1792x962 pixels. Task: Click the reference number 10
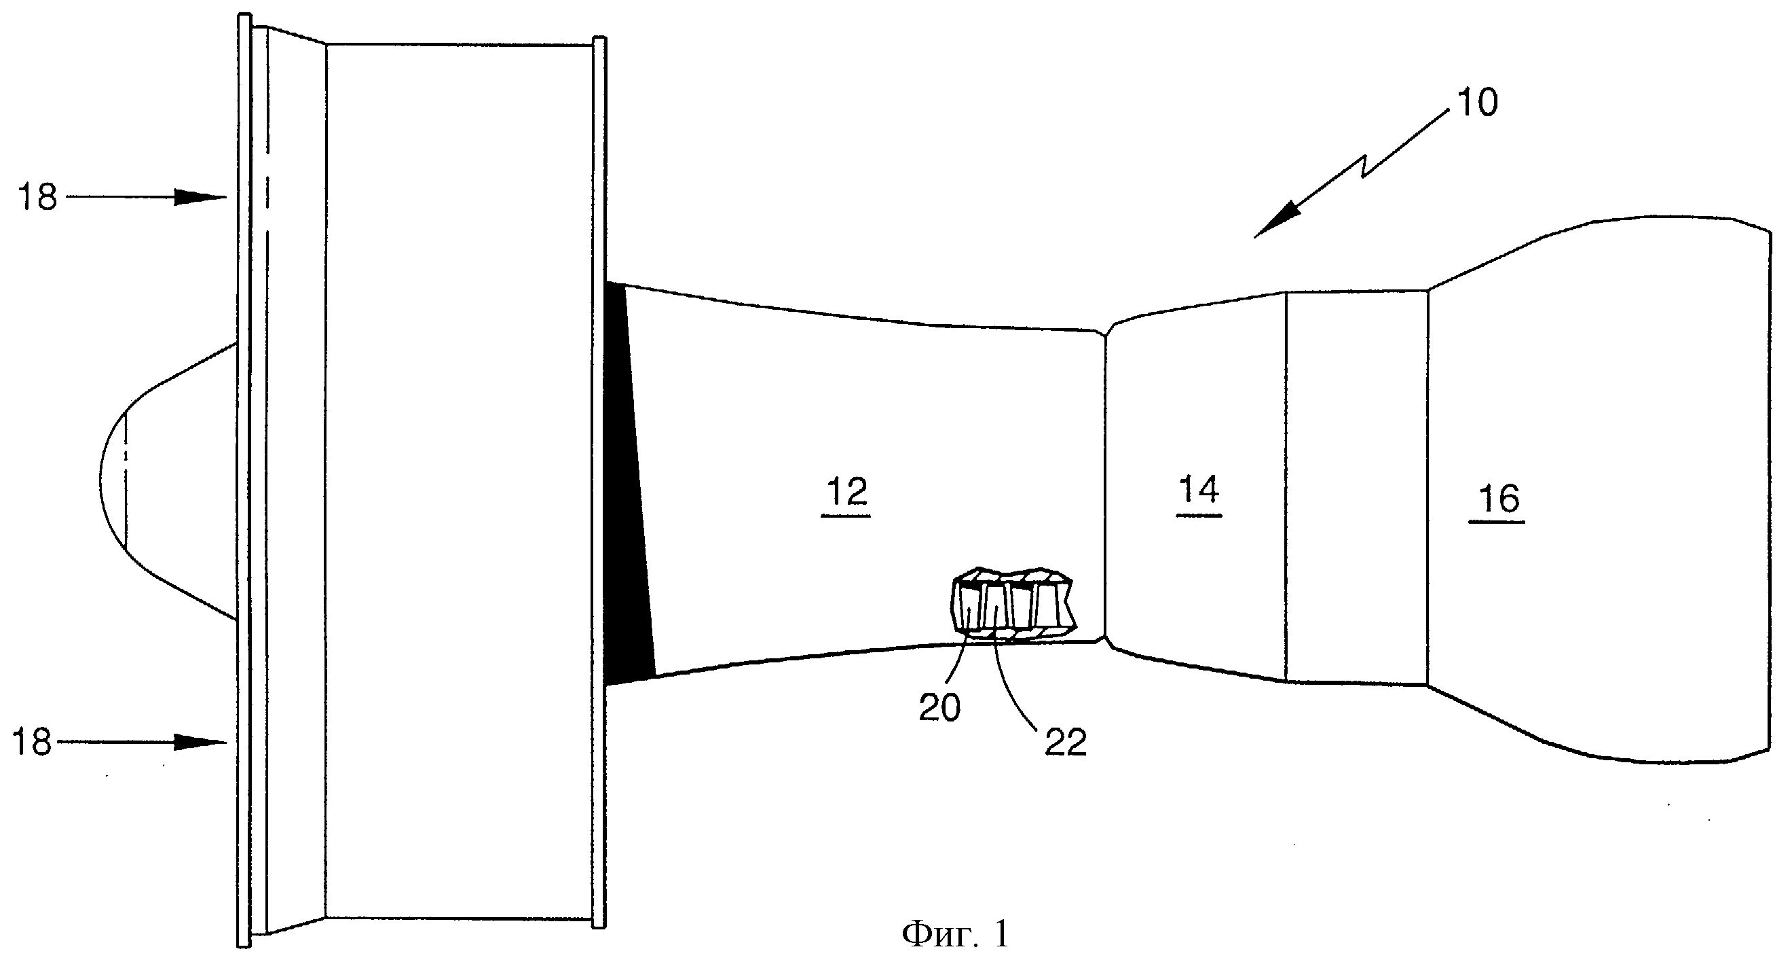point(1476,103)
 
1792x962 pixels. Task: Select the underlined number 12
point(846,492)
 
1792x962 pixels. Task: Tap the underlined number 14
point(1199,490)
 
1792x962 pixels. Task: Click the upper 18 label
point(37,198)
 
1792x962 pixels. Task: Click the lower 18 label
point(32,743)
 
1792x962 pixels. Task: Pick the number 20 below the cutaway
point(939,708)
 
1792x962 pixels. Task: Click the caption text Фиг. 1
point(955,933)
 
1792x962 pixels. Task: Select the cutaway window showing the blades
point(1012,603)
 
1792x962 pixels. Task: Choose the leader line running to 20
point(956,661)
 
